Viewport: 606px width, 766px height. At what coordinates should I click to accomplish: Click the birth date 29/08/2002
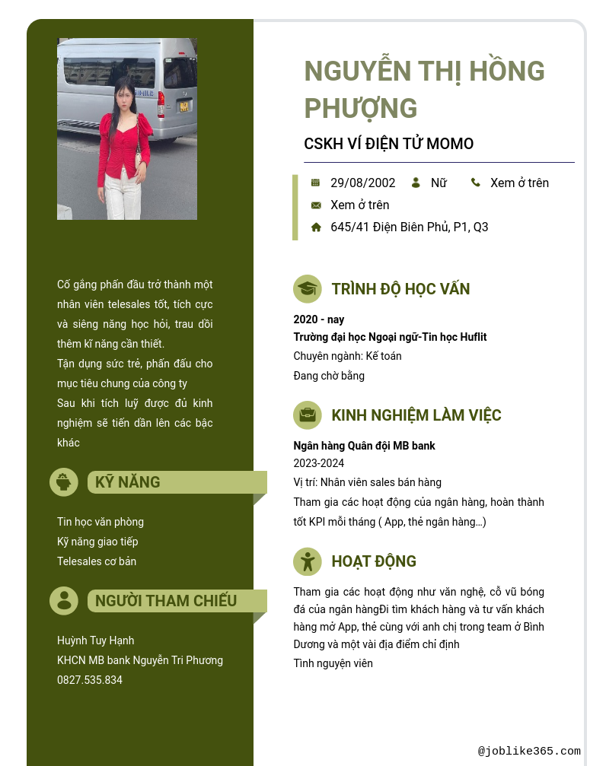[x=362, y=183]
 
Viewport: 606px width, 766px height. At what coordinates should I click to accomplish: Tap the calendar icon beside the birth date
[x=315, y=183]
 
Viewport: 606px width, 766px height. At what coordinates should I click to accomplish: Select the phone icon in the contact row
[x=476, y=183]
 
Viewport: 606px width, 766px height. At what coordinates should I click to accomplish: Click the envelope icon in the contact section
[x=316, y=205]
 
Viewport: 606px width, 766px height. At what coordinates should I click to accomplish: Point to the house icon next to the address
[x=316, y=227]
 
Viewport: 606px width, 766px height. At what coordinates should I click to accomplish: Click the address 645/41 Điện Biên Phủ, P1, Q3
[x=409, y=227]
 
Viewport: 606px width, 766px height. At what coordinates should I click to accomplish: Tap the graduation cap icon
[x=308, y=289]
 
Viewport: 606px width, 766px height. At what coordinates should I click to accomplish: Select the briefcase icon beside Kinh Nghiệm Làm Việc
[x=308, y=415]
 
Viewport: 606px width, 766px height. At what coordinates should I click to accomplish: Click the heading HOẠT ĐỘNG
[x=374, y=561]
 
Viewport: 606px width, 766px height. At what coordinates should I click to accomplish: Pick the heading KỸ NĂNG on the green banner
[x=127, y=482]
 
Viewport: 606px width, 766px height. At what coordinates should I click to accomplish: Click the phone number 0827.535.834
[x=90, y=680]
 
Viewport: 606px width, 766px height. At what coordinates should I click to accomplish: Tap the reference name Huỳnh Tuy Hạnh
[x=95, y=640]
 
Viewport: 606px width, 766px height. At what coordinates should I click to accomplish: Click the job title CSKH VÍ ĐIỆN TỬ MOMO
[x=388, y=144]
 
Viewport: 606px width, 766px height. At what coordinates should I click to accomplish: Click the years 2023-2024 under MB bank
[x=318, y=463]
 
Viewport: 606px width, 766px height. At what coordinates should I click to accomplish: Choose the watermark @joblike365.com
[x=529, y=752]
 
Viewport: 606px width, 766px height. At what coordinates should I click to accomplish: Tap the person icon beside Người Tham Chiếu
[x=64, y=601]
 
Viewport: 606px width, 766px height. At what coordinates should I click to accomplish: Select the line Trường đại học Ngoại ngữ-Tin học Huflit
[x=390, y=337]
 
